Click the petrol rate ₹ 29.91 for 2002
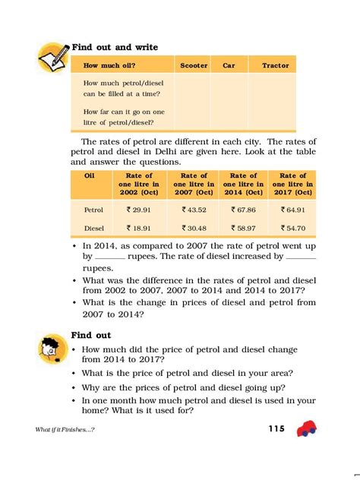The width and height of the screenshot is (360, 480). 139,208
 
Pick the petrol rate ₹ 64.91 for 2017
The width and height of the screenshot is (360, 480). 292,208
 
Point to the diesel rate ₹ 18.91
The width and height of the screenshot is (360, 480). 139,227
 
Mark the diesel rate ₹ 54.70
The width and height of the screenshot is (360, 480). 292,227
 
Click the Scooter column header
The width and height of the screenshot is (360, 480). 194,66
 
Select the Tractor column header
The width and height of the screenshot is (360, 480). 275,66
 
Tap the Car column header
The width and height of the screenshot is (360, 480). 229,66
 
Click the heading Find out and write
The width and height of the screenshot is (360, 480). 114,47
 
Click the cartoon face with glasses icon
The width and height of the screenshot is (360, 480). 51,347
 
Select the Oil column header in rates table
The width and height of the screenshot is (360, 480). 88,176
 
